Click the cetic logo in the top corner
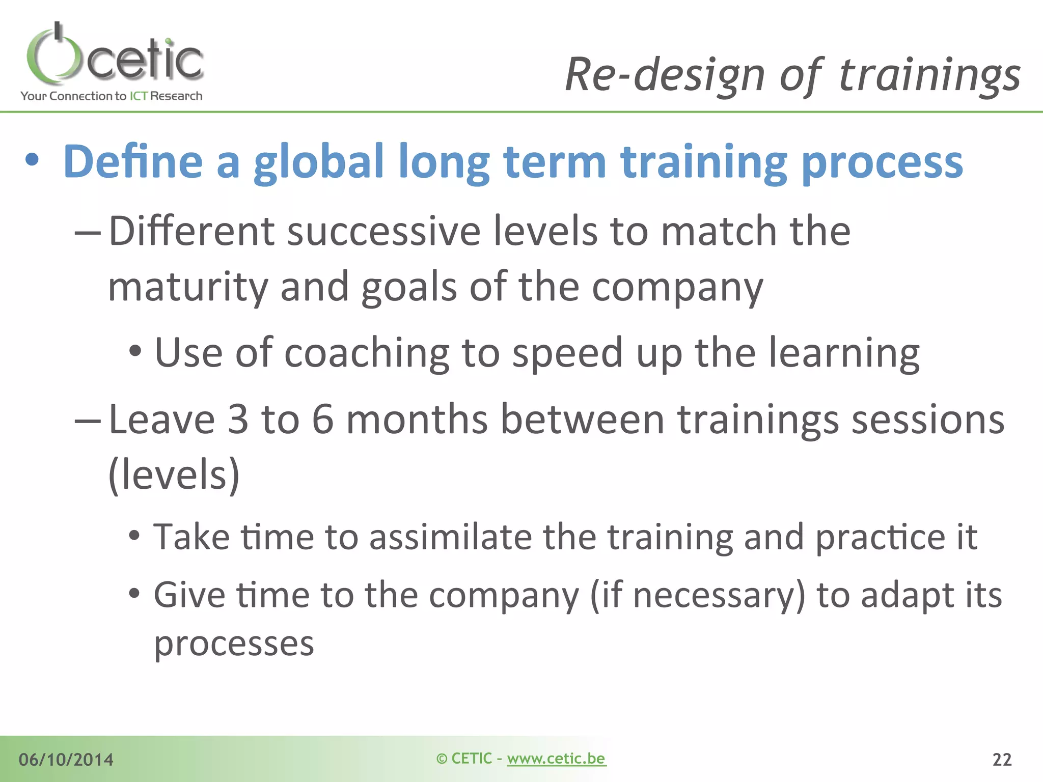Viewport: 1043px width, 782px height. tap(115, 56)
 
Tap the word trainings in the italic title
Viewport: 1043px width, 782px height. tap(929, 75)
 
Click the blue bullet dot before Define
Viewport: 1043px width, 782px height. tap(32, 160)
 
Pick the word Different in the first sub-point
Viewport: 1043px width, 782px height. tap(191, 232)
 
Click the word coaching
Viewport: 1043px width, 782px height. tap(366, 353)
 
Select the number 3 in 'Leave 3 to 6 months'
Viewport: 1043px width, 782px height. tap(238, 420)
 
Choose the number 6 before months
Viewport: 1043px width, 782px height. tap(322, 420)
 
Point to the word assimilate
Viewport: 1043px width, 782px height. tap(450, 538)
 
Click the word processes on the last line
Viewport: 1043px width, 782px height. tap(234, 645)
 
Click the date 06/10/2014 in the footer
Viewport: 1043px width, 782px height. tap(66, 760)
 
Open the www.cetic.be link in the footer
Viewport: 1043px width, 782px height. tap(556, 759)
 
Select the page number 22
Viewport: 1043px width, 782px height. tap(1002, 760)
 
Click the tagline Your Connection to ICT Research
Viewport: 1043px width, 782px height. tap(111, 96)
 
